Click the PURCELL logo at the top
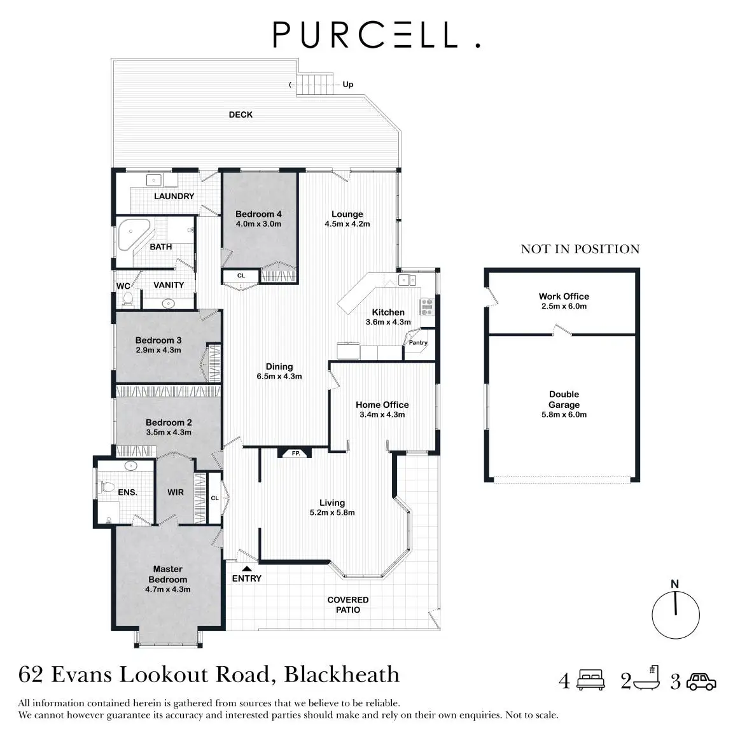tap(375, 35)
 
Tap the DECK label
tap(241, 115)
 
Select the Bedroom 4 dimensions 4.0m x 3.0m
tap(258, 224)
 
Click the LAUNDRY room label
tap(174, 196)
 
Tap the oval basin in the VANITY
tap(170, 303)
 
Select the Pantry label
tap(418, 342)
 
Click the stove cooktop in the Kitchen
tap(427, 307)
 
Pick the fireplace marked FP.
tap(295, 454)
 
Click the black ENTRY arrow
tap(246, 568)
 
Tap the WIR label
tap(176, 492)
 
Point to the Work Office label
tap(564, 297)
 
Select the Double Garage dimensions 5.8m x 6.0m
tap(564, 415)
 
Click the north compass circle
tap(675, 615)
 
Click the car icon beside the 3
tap(701, 681)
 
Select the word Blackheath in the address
tap(342, 674)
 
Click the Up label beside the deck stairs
tap(348, 85)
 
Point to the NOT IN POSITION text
tap(580, 249)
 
